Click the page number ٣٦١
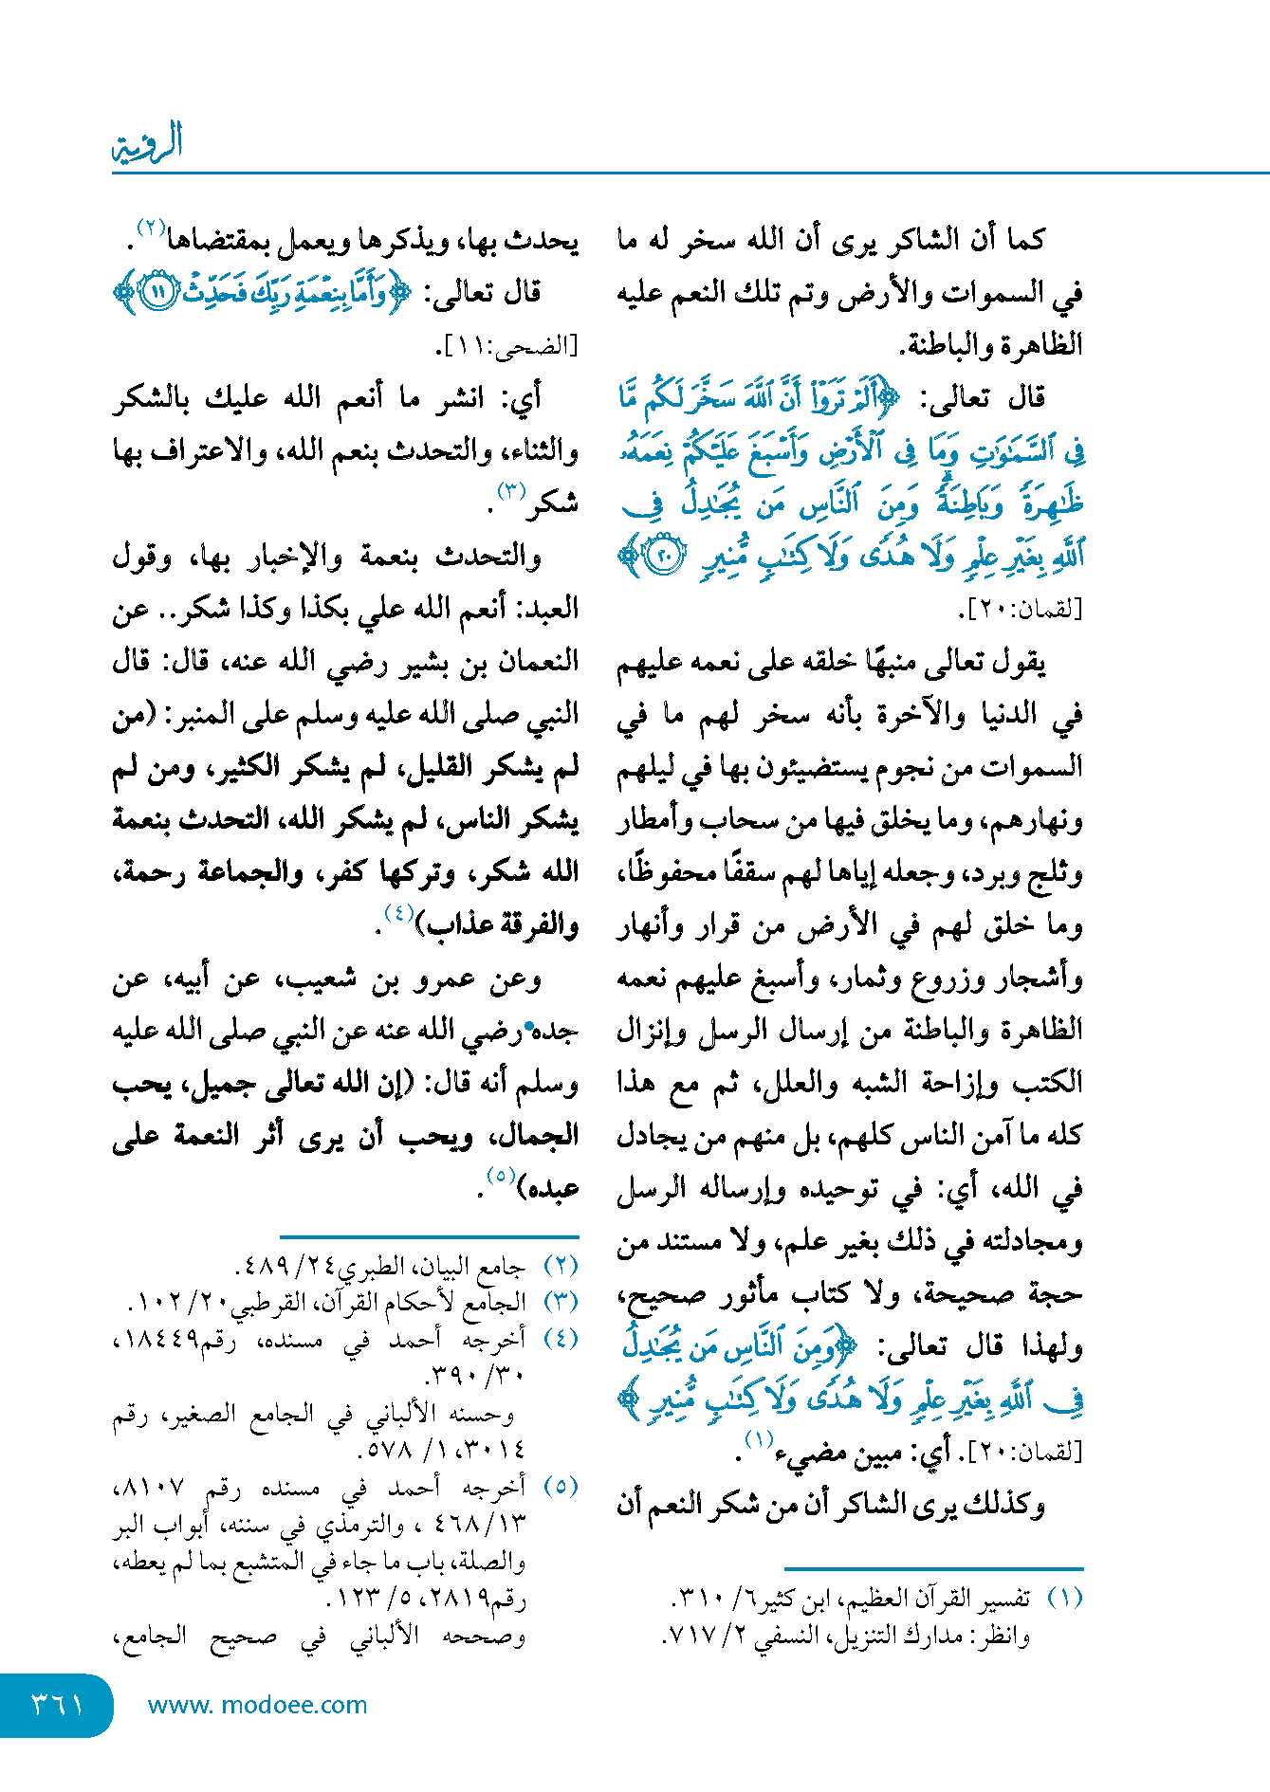(x=57, y=1705)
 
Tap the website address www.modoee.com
(x=257, y=1705)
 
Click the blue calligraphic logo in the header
(x=147, y=143)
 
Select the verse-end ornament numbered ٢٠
(x=665, y=556)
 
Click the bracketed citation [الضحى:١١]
(x=507, y=347)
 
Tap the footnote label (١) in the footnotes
(x=1064, y=1599)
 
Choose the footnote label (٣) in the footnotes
(x=561, y=1302)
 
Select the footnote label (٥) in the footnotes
(x=561, y=1487)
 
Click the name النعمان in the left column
(x=533, y=661)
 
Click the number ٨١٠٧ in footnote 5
(x=152, y=1487)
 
